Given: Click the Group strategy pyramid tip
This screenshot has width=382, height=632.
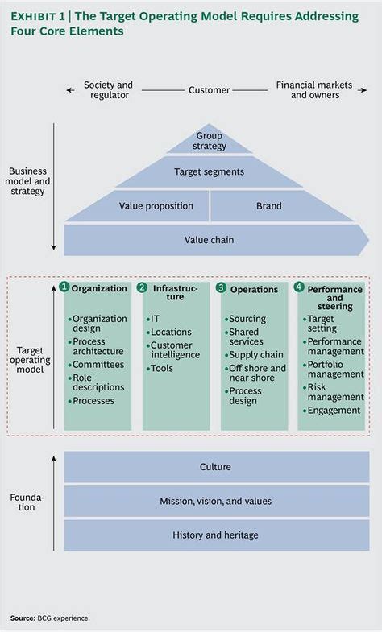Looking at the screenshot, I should (209, 141).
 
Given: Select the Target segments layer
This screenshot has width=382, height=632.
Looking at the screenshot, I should (209, 171).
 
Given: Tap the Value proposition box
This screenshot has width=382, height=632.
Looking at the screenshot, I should (156, 206).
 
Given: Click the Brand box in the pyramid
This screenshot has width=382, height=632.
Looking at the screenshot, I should (269, 206).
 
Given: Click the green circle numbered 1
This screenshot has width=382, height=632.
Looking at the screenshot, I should (64, 287).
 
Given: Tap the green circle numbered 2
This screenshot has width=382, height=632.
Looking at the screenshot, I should (142, 287).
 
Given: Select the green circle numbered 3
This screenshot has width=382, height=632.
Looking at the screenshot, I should (221, 287).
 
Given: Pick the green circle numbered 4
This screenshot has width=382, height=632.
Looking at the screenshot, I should (299, 287).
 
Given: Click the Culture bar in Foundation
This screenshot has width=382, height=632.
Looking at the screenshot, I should (215, 467).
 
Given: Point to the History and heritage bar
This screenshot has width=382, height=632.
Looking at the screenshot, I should (215, 535).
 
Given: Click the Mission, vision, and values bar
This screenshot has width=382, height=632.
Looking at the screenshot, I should (215, 501).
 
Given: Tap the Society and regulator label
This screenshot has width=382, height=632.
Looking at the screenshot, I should (108, 89).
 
